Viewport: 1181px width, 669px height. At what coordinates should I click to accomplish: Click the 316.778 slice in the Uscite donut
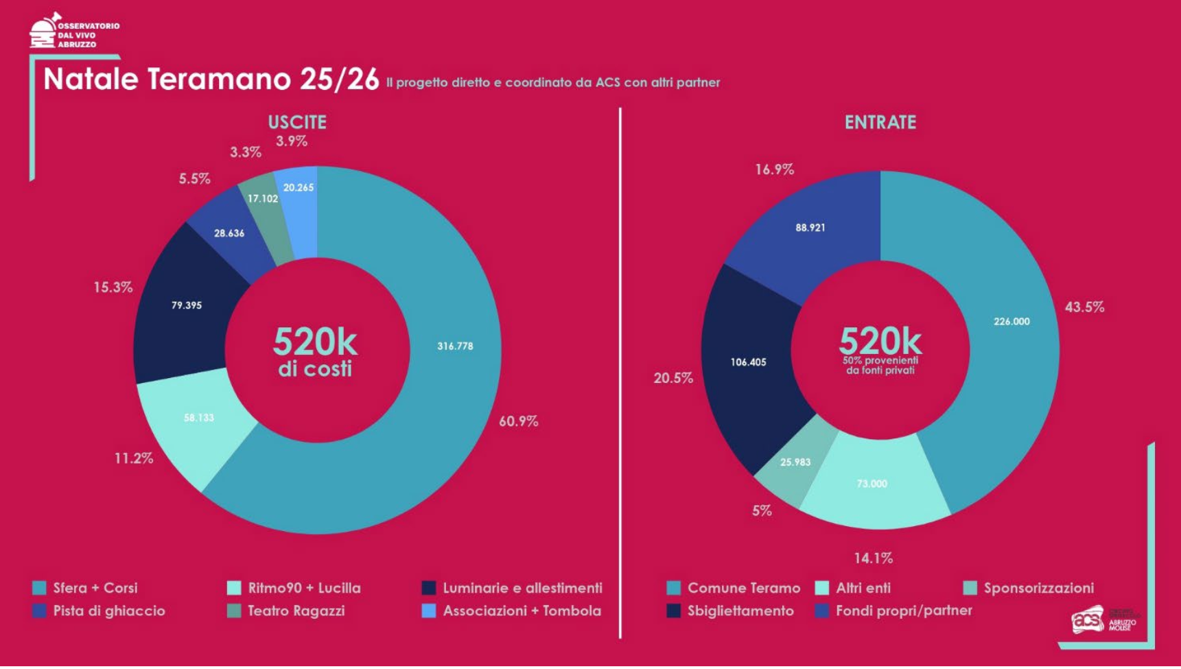(455, 347)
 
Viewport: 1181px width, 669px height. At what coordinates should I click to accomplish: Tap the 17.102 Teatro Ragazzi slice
(264, 206)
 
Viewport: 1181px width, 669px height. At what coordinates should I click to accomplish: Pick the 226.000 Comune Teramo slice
(1011, 322)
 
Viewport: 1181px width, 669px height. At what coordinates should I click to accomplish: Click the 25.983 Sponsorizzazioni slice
(795, 462)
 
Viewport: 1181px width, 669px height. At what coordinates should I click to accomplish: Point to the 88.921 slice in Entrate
(810, 228)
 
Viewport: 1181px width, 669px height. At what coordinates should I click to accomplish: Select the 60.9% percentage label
(518, 421)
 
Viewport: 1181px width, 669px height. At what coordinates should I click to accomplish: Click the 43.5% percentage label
(1084, 307)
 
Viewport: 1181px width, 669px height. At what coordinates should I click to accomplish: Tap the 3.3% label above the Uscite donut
(245, 152)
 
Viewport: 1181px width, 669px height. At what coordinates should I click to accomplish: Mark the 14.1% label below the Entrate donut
(873, 559)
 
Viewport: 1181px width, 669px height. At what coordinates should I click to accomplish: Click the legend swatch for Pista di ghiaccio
(39, 611)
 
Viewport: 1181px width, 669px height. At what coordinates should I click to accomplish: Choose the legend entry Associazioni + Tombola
(522, 611)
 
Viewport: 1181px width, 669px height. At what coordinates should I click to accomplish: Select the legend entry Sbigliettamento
(740, 611)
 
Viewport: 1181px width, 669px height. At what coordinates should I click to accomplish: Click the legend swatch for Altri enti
(821, 588)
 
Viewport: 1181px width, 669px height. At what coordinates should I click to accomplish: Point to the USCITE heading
(297, 123)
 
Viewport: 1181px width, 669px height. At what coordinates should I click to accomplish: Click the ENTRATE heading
(880, 123)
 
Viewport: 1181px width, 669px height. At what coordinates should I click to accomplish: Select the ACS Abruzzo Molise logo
(1103, 620)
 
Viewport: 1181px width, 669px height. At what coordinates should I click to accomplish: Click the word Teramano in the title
(219, 80)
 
